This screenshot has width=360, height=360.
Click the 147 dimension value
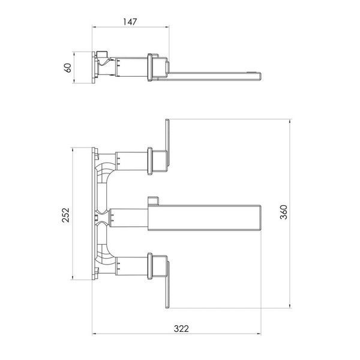[130, 22]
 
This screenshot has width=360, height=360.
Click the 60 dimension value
[68, 68]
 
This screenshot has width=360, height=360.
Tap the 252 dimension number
[65, 215]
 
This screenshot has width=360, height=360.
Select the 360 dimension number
[284, 212]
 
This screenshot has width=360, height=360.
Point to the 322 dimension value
[181, 329]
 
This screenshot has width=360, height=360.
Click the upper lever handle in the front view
[167, 143]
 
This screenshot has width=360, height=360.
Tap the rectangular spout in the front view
[204, 218]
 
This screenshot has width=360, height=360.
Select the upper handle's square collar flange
[150, 161]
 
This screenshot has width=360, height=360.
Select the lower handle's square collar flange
[150, 266]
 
